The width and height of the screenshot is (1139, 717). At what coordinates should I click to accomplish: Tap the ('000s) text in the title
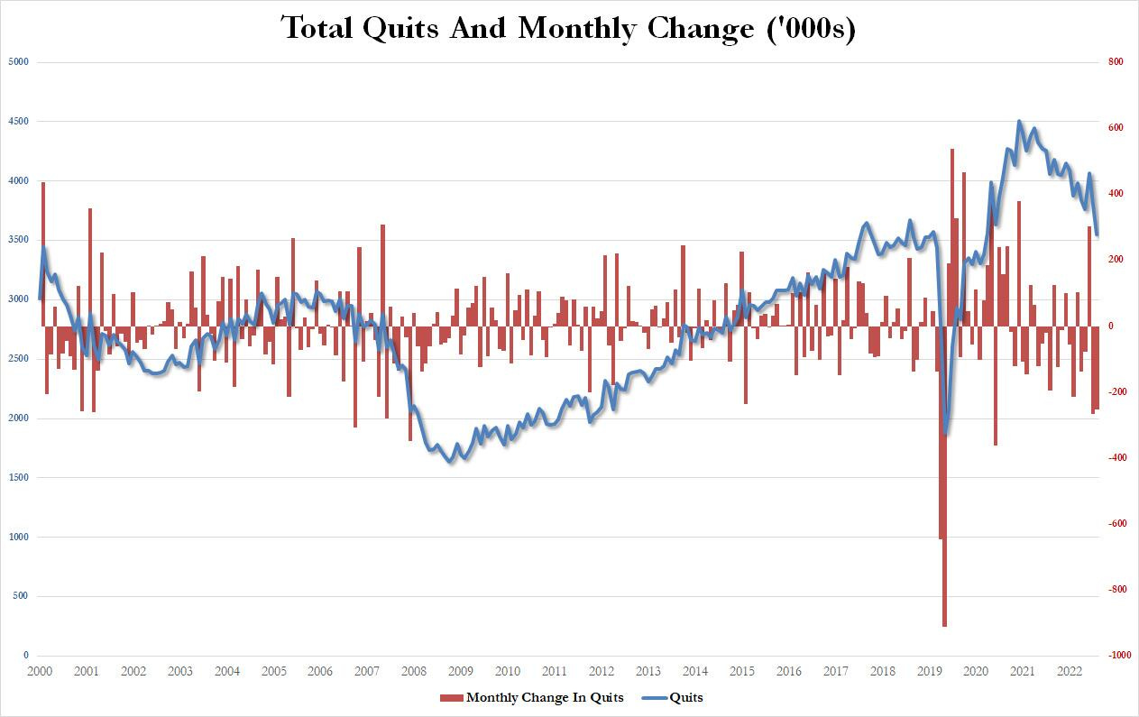pos(807,28)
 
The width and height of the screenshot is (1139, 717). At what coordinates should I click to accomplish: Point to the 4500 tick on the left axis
pos(19,122)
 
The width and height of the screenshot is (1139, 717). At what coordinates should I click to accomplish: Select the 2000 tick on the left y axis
pos(19,418)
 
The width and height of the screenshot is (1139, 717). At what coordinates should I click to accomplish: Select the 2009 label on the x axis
pos(461,672)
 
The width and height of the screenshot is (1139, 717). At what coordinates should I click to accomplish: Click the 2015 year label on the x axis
pos(742,672)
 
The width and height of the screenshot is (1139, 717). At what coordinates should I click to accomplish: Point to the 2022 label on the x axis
pos(1070,672)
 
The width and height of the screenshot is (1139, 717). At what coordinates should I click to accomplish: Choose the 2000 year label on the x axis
pos(40,672)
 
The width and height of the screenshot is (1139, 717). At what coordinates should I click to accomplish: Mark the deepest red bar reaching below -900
pos(944,622)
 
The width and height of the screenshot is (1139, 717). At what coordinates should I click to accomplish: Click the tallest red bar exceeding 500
pos(951,153)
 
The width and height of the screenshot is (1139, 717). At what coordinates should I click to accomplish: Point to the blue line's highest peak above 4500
pos(1019,121)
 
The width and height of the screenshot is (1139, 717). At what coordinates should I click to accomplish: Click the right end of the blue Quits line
pos(1097,234)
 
